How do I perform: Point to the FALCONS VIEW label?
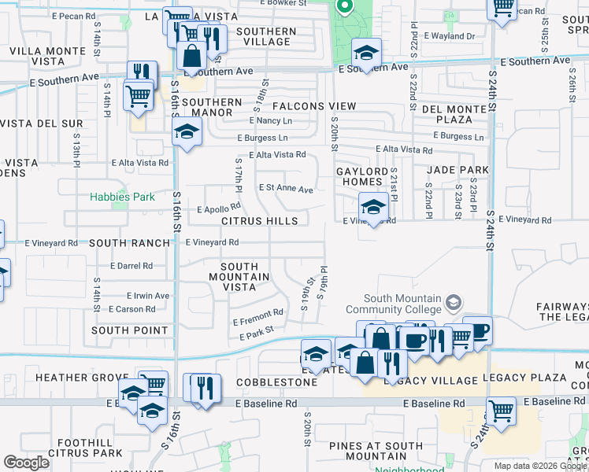coord(314,106)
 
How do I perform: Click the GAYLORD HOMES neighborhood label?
coord(362,177)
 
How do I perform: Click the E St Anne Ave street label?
coord(286,189)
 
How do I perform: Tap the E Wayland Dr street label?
coord(450,35)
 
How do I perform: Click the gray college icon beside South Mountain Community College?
coord(454,302)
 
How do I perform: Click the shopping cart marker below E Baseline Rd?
coord(500,410)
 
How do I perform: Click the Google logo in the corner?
coord(27,463)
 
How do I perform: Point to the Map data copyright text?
coord(539,466)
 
